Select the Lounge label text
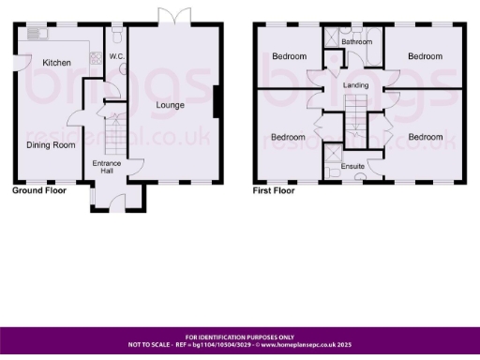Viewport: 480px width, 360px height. [x=171, y=104]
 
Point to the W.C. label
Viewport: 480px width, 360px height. [x=117, y=57]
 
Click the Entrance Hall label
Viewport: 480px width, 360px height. [x=107, y=167]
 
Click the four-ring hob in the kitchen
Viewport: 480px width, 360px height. [x=96, y=57]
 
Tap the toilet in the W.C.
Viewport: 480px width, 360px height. [x=115, y=35]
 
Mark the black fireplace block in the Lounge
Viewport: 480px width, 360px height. [x=217, y=102]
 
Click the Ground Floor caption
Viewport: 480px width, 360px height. [x=39, y=190]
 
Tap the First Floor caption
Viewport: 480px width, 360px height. [x=274, y=190]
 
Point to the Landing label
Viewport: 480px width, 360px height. [x=355, y=86]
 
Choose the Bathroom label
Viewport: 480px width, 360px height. [x=356, y=42]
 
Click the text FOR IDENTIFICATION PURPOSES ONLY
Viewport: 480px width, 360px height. [x=240, y=337]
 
